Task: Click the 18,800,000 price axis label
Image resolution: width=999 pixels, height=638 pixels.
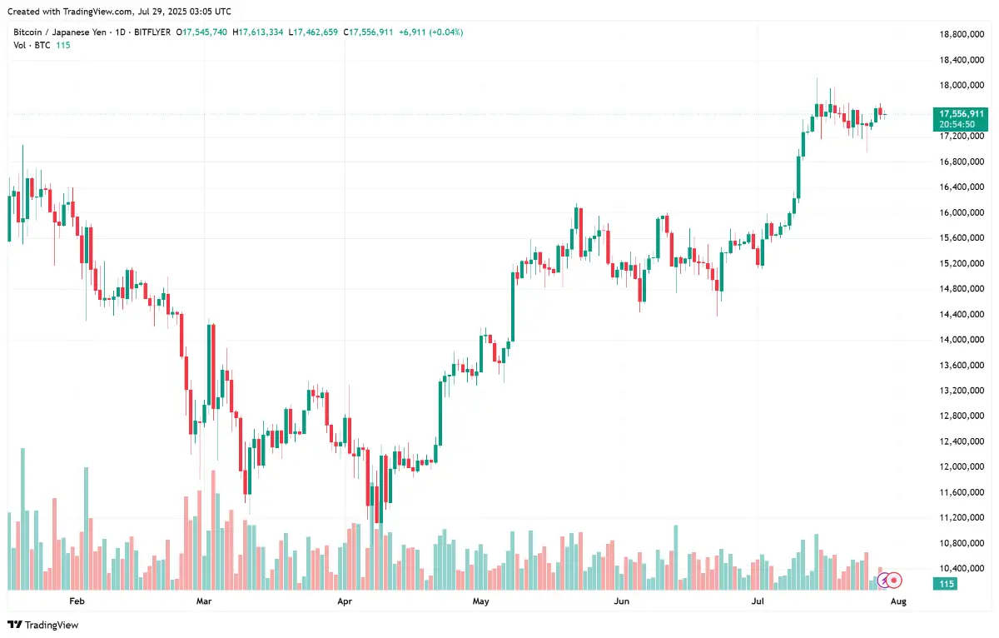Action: point(962,34)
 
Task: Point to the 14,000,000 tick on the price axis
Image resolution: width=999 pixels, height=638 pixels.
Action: point(962,340)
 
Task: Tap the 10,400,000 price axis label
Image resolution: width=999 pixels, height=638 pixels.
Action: point(962,569)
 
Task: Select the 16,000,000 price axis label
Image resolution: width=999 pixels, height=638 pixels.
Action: point(962,212)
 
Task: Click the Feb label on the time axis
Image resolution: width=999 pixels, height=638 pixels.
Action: point(77,600)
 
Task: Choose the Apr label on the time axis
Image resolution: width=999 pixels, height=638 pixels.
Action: point(344,600)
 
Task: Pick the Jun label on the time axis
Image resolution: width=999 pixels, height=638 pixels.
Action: point(619,600)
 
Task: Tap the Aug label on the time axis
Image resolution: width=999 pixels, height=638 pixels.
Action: point(898,600)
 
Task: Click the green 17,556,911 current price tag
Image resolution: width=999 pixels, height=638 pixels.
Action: point(962,113)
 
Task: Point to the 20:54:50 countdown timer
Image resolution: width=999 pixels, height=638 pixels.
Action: point(957,124)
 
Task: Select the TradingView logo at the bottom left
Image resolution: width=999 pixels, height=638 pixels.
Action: point(43,625)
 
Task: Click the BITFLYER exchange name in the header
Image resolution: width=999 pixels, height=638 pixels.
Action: point(151,32)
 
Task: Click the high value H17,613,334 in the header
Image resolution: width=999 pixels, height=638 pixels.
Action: point(259,32)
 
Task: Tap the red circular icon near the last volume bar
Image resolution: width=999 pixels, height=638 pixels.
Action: point(894,578)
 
